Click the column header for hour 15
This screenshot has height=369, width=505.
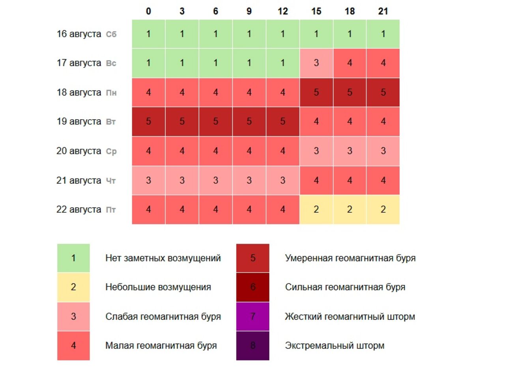316,11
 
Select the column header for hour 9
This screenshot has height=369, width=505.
249,11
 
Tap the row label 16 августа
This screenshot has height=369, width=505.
79,34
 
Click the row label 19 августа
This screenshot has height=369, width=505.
79,122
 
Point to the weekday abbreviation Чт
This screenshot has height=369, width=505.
111,181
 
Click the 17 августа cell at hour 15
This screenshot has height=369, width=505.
316,63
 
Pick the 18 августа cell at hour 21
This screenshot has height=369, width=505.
383,92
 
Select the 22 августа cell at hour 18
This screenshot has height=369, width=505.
350,210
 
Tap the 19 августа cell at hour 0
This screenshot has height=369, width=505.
148,122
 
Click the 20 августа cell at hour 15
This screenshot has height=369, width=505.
316,151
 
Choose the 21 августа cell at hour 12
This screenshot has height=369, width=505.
282,180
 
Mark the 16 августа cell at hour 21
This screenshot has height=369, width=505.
383,34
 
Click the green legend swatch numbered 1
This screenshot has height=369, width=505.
73,258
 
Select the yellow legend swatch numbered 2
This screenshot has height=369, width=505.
73,287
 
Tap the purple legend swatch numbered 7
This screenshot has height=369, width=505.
252,317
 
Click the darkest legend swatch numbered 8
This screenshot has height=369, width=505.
252,346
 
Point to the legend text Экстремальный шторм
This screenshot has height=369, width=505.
335,346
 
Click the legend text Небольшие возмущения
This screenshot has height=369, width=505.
158,287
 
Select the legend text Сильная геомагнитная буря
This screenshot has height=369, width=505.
345,287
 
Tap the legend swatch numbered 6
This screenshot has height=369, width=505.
252,287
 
